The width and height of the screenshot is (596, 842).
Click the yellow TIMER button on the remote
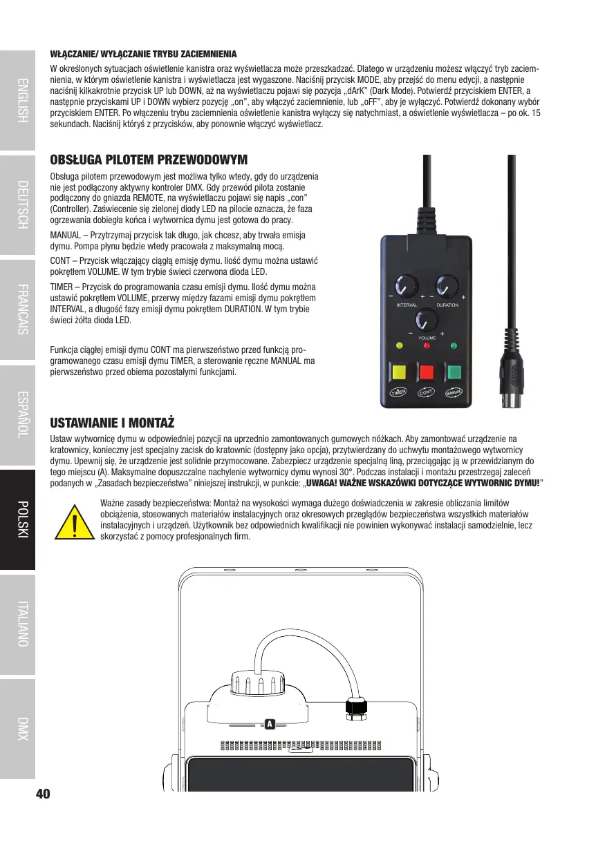tap(398, 374)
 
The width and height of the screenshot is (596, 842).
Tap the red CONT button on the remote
tap(427, 374)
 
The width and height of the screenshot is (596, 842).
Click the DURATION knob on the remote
tap(447, 286)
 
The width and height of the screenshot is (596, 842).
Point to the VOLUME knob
tap(426, 319)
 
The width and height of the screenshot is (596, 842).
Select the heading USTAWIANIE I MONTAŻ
tap(112, 422)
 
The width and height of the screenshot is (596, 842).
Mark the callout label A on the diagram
tap(270, 724)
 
